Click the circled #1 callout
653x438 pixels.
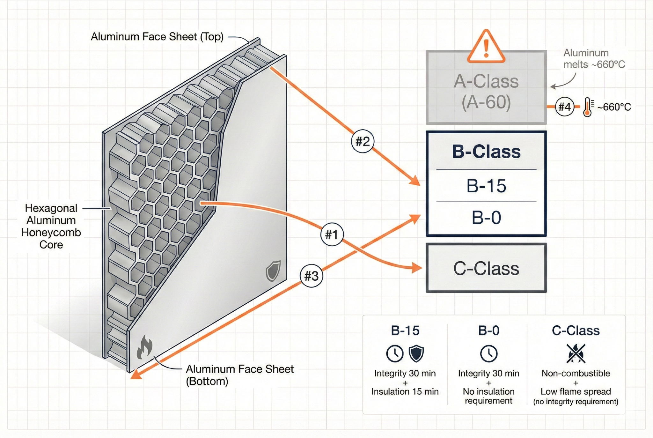pos(332,234)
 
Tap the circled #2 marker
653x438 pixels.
pos(363,141)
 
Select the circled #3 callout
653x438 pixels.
pos(311,276)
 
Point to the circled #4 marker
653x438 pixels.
pos(564,107)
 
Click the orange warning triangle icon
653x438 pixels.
pos(486,47)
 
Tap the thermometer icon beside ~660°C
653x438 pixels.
pos(588,107)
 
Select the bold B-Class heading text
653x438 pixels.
pos(486,152)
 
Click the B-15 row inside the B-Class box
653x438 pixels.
pos(486,186)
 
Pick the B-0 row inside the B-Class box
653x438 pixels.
pos(486,218)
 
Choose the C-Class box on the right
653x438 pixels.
pos(486,268)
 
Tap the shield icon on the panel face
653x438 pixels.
pos(273,271)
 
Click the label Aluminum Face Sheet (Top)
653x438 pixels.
pos(157,37)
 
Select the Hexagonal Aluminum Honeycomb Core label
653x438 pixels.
pos(51,226)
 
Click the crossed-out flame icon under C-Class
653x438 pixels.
pos(576,353)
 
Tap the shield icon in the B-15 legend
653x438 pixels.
pos(416,353)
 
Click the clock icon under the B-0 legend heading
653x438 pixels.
pos(488,353)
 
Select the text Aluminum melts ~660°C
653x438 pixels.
pos(594,59)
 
